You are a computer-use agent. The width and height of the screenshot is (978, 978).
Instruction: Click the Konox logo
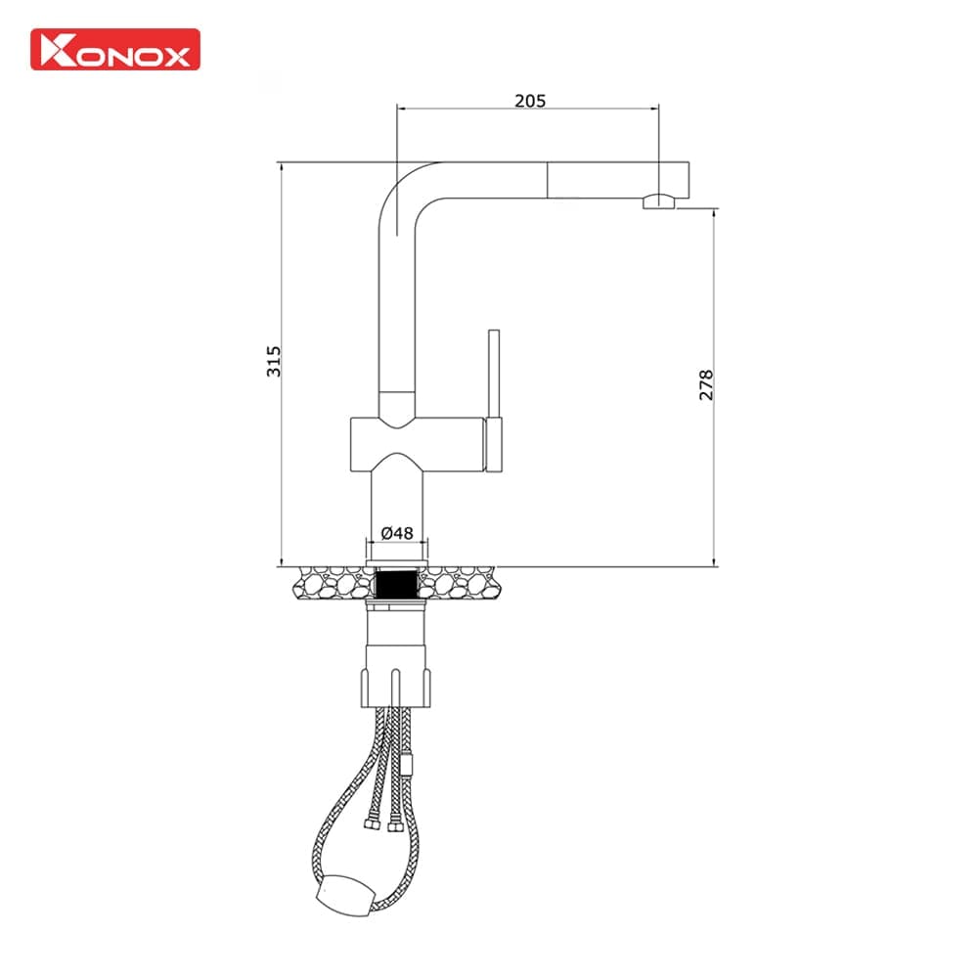point(115,49)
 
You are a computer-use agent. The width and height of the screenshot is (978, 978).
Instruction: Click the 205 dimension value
point(529,100)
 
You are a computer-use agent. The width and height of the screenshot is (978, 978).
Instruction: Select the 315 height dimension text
point(275,362)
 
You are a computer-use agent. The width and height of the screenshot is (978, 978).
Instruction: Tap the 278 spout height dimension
point(706,384)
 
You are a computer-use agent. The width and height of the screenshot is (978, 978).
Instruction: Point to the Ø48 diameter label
point(397,533)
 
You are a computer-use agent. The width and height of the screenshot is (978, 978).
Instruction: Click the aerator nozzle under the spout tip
point(658,202)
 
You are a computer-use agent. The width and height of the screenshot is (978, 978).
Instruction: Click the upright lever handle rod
point(495,372)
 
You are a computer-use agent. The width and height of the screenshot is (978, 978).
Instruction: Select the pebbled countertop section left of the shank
point(333,586)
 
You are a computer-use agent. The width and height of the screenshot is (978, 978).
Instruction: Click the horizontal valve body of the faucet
point(416,445)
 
